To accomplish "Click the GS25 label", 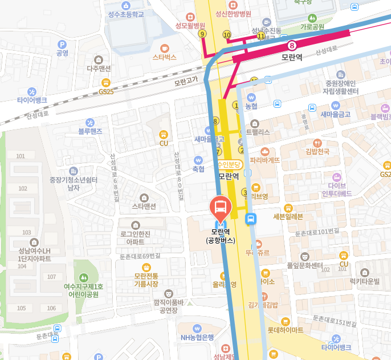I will (106, 91).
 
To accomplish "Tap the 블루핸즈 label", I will (90, 131).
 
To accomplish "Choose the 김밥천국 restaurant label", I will (317, 151).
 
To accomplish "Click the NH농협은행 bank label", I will (197, 337).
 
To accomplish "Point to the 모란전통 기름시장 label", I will (147, 279).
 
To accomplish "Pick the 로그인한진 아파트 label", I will (135, 237).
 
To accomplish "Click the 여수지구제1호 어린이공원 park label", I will (84, 290).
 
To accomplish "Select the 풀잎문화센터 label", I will (305, 265).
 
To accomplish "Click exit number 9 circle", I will (202, 34).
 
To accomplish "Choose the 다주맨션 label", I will (99, 68).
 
